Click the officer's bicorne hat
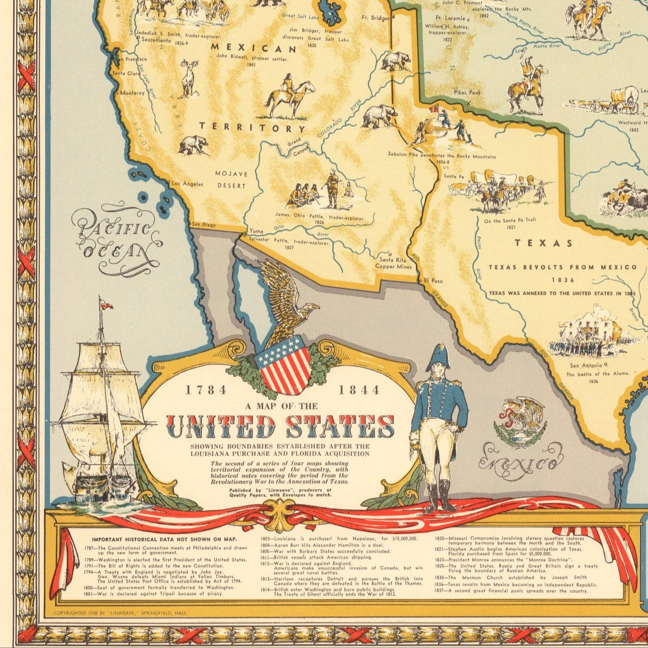coord(438,357)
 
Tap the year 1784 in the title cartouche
coord(206,390)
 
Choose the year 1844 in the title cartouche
coord(359,390)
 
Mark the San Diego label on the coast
coord(203,225)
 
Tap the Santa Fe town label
coord(454,176)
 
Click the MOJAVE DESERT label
coord(232,180)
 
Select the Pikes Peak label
coord(467,93)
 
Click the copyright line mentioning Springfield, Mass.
coord(120,613)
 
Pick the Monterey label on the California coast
coord(132,93)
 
